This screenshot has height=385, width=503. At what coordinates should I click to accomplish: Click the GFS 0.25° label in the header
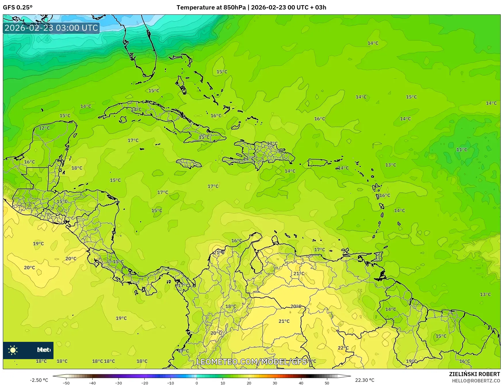[18, 7]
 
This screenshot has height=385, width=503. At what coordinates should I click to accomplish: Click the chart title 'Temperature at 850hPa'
[211, 7]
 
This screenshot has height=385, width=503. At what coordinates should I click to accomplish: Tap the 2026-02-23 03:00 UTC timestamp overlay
[51, 28]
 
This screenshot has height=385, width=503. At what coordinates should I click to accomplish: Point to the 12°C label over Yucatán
[44, 128]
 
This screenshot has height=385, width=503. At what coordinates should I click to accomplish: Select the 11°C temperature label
[462, 150]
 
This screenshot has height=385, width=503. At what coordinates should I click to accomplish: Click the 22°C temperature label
[343, 348]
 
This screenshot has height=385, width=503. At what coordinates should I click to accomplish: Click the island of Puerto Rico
[318, 163]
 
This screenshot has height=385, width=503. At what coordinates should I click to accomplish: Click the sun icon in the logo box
[13, 350]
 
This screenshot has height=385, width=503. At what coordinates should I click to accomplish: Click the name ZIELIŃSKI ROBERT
[475, 374]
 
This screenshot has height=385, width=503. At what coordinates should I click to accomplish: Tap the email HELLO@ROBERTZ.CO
[476, 381]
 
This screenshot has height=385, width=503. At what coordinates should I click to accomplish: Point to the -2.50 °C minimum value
[39, 380]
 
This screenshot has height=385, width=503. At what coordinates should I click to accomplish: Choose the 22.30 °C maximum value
[365, 380]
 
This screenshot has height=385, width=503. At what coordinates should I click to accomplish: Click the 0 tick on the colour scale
[197, 383]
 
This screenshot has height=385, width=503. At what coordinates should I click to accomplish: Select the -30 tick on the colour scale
[118, 383]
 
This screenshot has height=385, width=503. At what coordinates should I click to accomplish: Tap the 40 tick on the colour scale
[301, 383]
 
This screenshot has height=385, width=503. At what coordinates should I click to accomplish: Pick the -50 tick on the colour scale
[66, 383]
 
